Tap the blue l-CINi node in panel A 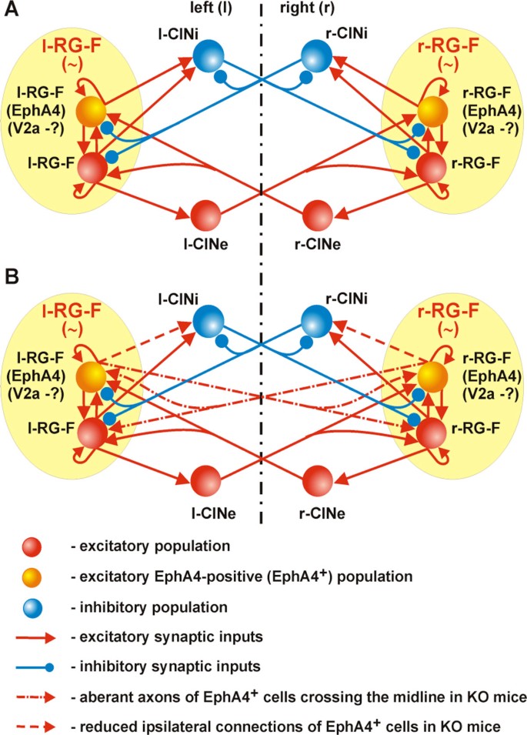(207, 56)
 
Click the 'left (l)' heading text (218, 11)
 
